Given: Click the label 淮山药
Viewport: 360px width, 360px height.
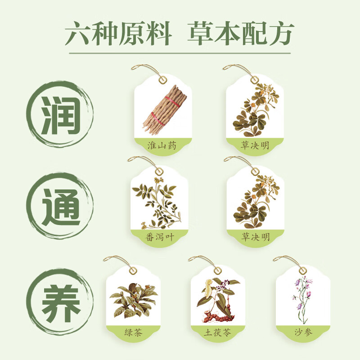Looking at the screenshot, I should tap(163, 145).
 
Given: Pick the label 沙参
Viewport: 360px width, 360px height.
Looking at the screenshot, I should tap(302, 333).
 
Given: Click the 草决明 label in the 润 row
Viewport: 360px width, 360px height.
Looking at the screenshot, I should tap(255, 145).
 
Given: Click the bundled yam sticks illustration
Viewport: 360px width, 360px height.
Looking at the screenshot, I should tap(163, 110).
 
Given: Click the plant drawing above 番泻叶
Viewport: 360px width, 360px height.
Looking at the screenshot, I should tap(158, 202).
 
